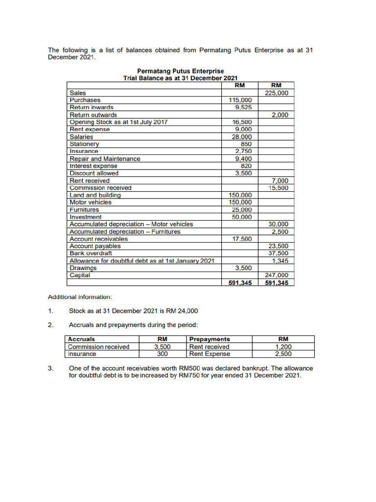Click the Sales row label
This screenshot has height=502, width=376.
click(x=78, y=93)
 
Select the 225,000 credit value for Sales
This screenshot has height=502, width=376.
click(x=277, y=93)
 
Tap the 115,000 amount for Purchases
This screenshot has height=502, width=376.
click(x=240, y=100)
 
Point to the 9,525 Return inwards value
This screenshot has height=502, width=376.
click(x=243, y=107)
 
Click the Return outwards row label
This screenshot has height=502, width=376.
click(x=94, y=115)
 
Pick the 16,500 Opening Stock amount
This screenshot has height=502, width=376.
click(x=242, y=122)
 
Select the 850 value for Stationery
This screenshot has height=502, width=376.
click(x=246, y=144)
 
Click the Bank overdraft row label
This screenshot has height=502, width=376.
click(x=91, y=253)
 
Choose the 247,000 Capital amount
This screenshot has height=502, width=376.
click(x=277, y=276)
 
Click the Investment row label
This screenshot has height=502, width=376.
click(x=86, y=217)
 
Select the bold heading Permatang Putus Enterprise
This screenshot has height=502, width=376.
click(x=181, y=71)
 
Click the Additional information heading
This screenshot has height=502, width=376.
click(x=80, y=297)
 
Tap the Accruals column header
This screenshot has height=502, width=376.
click(x=82, y=339)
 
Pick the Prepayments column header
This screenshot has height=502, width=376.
click(x=210, y=339)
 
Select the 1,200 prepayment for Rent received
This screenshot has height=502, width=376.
click(x=283, y=347)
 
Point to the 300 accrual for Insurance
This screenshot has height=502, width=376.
click(x=163, y=354)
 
